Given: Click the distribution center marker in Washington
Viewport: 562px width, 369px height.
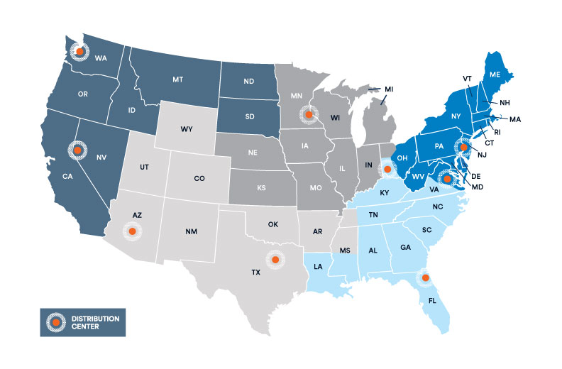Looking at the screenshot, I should coord(80,51).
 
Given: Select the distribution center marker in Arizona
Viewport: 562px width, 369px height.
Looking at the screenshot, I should coord(132,231).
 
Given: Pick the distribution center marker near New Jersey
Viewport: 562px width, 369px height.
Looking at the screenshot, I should coord(463,148).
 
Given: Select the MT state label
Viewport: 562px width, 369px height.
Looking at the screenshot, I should coord(177,82).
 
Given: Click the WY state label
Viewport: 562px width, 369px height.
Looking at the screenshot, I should coord(187,129).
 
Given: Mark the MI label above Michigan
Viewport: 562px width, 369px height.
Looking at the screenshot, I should coord(389,89).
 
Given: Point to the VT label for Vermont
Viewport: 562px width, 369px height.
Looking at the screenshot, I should coord(467,78).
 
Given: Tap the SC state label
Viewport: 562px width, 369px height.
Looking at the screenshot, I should coord(426,230).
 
